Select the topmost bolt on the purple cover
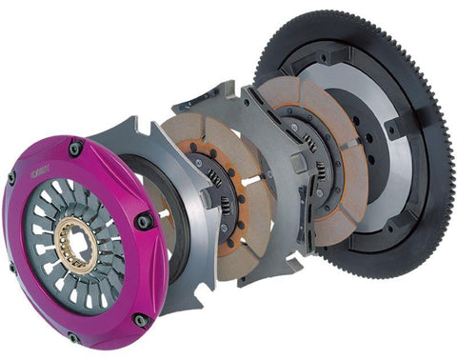coord(74,148)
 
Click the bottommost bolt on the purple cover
coord(74,336)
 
